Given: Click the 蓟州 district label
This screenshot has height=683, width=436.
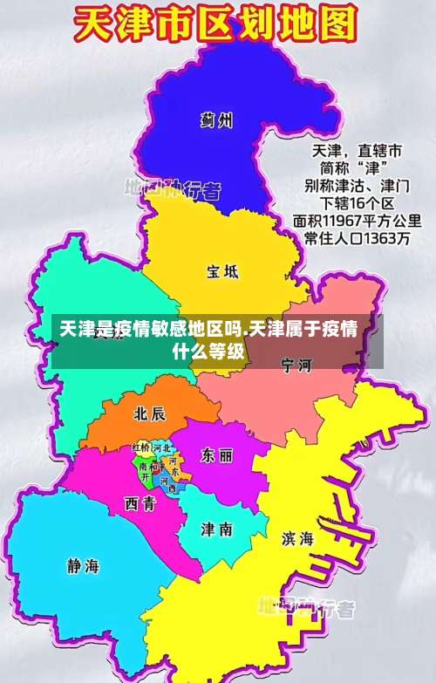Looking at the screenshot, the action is pos(215,120).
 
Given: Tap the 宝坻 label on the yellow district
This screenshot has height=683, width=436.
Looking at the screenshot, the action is pos(221,271).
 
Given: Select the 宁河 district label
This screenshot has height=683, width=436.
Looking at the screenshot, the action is pos(296,365).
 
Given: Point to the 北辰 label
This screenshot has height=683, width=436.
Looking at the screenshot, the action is pos(149,413).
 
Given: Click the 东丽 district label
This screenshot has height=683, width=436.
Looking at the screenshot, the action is pos(216,455).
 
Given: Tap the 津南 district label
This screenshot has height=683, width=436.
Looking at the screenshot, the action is pos(216,529).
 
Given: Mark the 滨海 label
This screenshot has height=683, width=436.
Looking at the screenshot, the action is pos(297,538).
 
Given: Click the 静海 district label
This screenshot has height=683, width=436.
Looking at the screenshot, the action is pos(83,565).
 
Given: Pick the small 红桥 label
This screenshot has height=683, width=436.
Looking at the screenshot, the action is pos(142,448).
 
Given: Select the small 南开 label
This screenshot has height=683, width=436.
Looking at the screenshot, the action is pos(145,472).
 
